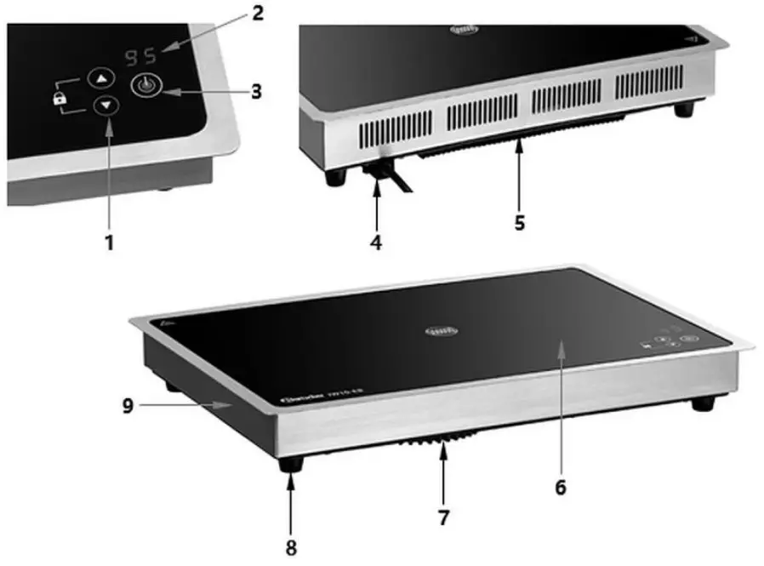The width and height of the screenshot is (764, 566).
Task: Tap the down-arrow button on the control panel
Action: [106, 107]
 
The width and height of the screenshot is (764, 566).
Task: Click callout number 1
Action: [109, 242]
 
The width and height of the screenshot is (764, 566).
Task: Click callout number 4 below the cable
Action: [375, 242]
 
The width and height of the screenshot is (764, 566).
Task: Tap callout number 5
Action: [519, 222]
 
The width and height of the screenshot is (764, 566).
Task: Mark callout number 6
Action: [560, 488]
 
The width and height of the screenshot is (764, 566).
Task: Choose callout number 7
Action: [443, 516]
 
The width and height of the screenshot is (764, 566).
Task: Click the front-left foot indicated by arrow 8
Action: [293, 465]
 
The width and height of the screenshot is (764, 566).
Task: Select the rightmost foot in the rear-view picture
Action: [682, 110]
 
